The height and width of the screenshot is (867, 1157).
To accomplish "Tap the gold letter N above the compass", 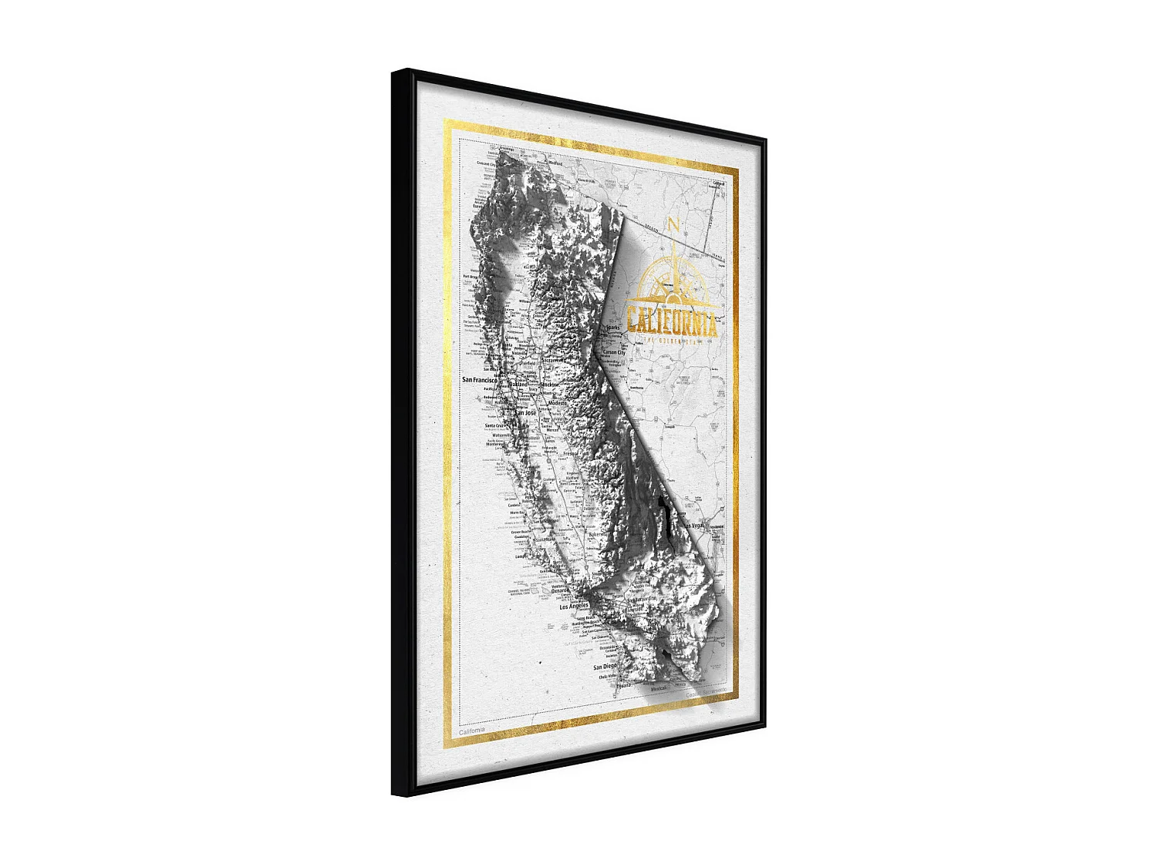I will [x=673, y=226].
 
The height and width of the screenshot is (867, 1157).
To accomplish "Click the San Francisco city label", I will [x=479, y=380].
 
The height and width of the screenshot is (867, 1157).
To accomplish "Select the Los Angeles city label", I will [x=573, y=607].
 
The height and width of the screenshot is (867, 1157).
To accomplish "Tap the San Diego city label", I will [x=605, y=667].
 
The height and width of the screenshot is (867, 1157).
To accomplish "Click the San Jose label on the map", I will [x=525, y=413].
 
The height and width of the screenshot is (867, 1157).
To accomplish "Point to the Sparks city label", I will [x=612, y=328].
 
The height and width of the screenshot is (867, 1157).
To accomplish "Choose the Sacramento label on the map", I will [x=553, y=360].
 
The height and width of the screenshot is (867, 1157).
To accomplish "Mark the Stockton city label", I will [x=549, y=384].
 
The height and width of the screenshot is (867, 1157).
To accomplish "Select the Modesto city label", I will [x=556, y=403].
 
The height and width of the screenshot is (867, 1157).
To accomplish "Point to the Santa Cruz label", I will [x=494, y=425].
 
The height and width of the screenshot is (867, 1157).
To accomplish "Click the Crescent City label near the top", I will [x=486, y=164].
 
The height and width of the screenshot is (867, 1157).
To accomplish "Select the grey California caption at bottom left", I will [x=472, y=730].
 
